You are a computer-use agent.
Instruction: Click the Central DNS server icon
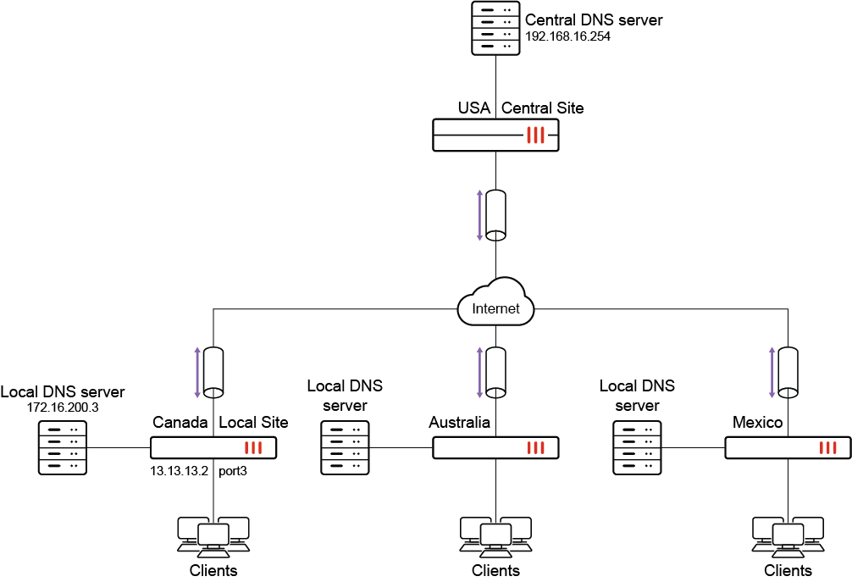495,28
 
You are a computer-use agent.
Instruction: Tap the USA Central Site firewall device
495,135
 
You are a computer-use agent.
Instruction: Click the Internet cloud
495,308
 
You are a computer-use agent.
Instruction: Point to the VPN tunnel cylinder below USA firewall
495,215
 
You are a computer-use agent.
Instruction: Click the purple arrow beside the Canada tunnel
197,372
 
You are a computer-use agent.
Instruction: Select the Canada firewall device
213,448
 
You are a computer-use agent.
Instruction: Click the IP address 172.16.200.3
63,407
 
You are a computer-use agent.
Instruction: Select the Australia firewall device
495,448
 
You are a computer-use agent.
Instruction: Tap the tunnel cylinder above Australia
495,372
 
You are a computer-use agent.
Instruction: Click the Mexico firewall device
788,448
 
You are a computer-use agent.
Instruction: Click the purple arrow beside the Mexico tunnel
772,372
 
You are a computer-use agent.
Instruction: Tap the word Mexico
757,422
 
